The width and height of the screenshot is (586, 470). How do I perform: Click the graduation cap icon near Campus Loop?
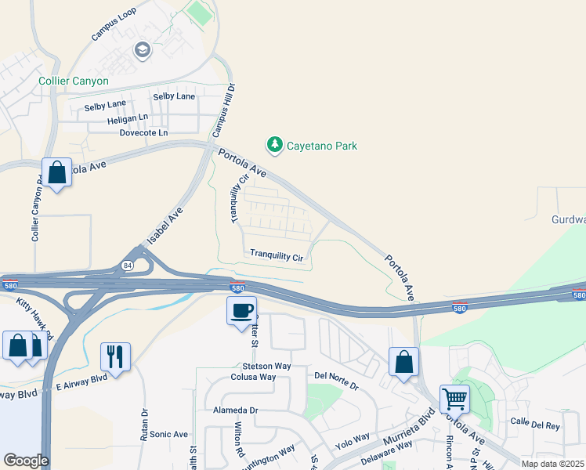click(x=142, y=52)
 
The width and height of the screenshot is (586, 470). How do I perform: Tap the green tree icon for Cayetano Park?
click(x=274, y=145)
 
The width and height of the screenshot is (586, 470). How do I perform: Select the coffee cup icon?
click(x=241, y=309)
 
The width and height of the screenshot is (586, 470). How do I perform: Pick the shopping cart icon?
click(x=454, y=399)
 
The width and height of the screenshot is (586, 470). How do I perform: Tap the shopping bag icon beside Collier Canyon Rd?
click(x=57, y=173)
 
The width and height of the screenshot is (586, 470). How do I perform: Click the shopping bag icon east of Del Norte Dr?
click(x=403, y=362)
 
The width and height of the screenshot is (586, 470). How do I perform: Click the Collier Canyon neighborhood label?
click(x=74, y=81)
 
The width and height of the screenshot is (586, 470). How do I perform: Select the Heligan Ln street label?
click(x=128, y=117)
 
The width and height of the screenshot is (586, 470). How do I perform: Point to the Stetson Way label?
click(x=266, y=366)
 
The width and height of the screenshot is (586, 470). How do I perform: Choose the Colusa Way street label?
click(x=253, y=377)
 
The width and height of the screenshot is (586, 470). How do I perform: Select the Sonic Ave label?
click(x=169, y=434)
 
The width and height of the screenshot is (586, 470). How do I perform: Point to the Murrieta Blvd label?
click(x=407, y=428)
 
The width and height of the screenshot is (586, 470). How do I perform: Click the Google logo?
click(x=26, y=461)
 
